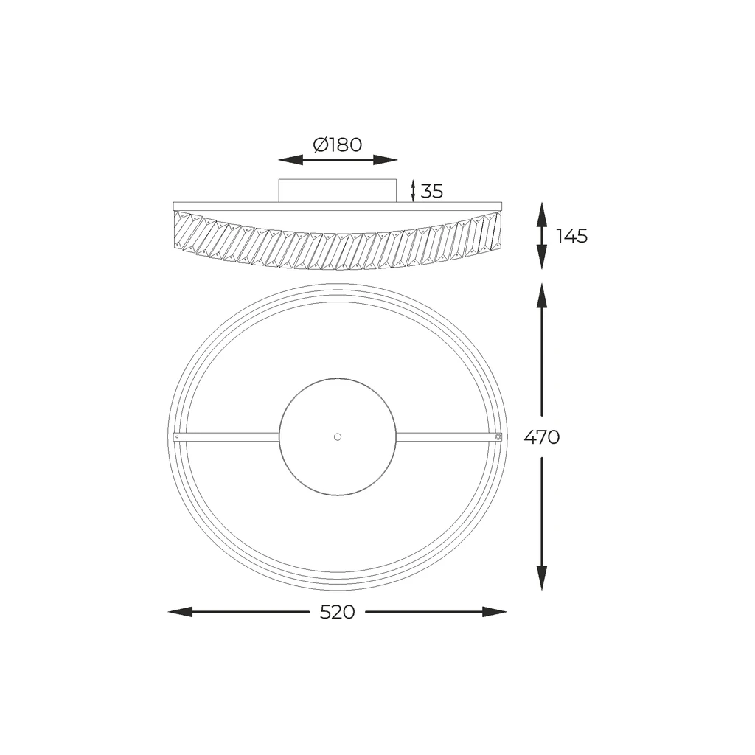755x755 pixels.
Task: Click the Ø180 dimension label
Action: [337, 145]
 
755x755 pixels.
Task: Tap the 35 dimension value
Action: [431, 191]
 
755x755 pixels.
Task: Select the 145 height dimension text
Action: [572, 236]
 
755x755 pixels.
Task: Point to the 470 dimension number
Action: [542, 437]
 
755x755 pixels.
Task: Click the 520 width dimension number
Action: [337, 612]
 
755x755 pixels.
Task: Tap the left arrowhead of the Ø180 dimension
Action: [290, 160]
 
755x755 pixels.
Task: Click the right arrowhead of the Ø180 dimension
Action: [385, 160]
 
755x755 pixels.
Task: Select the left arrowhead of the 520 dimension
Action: [180, 612]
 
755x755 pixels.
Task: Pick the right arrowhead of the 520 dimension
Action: [495, 612]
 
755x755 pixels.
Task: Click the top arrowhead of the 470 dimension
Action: [542, 296]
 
